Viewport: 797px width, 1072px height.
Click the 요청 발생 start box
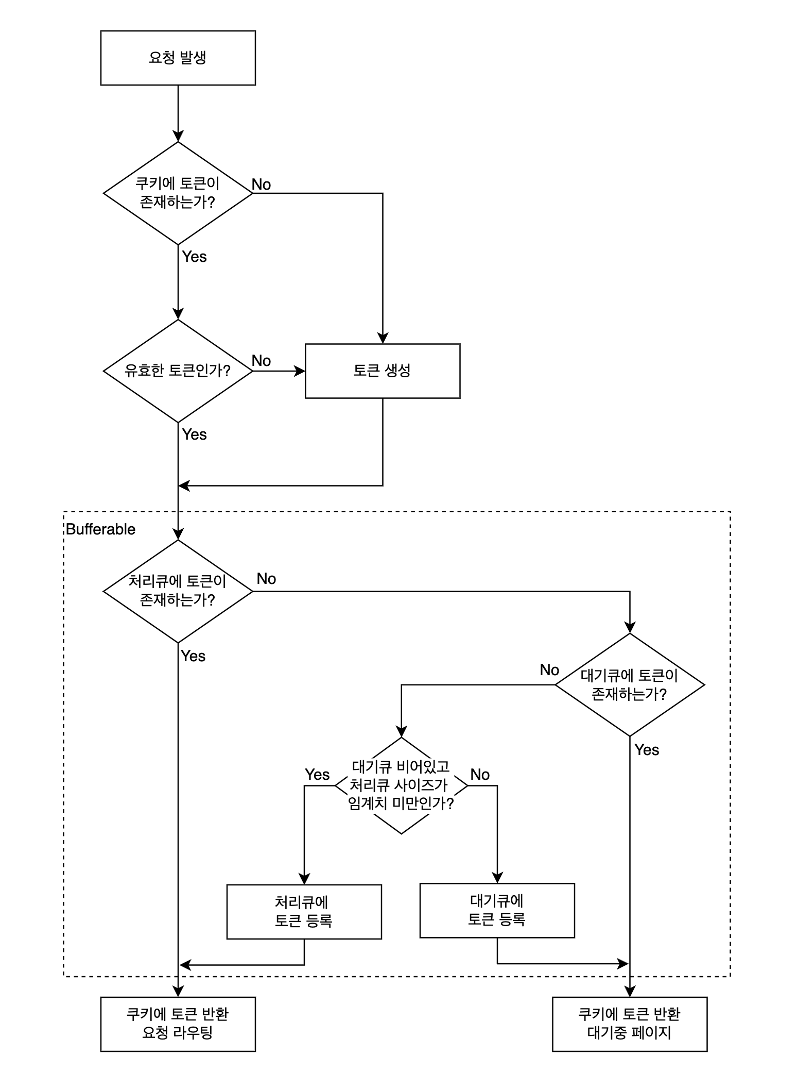[178, 58]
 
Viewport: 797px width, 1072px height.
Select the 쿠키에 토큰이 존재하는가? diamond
[178, 193]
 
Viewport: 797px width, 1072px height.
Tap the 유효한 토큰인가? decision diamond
[178, 371]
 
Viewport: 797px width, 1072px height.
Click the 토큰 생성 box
[382, 371]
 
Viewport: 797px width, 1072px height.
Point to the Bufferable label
[101, 529]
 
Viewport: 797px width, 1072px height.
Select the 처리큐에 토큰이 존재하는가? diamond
[178, 591]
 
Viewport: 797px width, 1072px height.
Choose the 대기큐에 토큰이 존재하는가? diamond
[629, 685]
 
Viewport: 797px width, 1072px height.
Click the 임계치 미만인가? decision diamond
[401, 785]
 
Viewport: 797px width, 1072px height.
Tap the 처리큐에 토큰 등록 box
[304, 911]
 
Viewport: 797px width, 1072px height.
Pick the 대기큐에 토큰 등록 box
[497, 910]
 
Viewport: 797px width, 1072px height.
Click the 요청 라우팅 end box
[178, 1024]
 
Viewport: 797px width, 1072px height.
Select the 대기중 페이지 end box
[629, 1024]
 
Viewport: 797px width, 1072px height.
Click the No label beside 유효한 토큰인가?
[261, 361]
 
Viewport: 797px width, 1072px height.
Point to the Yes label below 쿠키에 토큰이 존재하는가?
[194, 257]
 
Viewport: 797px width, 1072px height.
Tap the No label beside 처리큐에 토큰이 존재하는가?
[266, 579]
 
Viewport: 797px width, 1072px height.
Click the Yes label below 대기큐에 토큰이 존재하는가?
[646, 750]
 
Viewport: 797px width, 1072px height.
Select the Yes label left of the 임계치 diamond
[317, 775]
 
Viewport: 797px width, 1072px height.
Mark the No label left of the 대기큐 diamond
[549, 670]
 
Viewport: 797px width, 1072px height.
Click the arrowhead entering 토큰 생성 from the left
[300, 371]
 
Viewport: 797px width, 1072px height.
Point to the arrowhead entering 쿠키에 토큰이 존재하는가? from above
[178, 137]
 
